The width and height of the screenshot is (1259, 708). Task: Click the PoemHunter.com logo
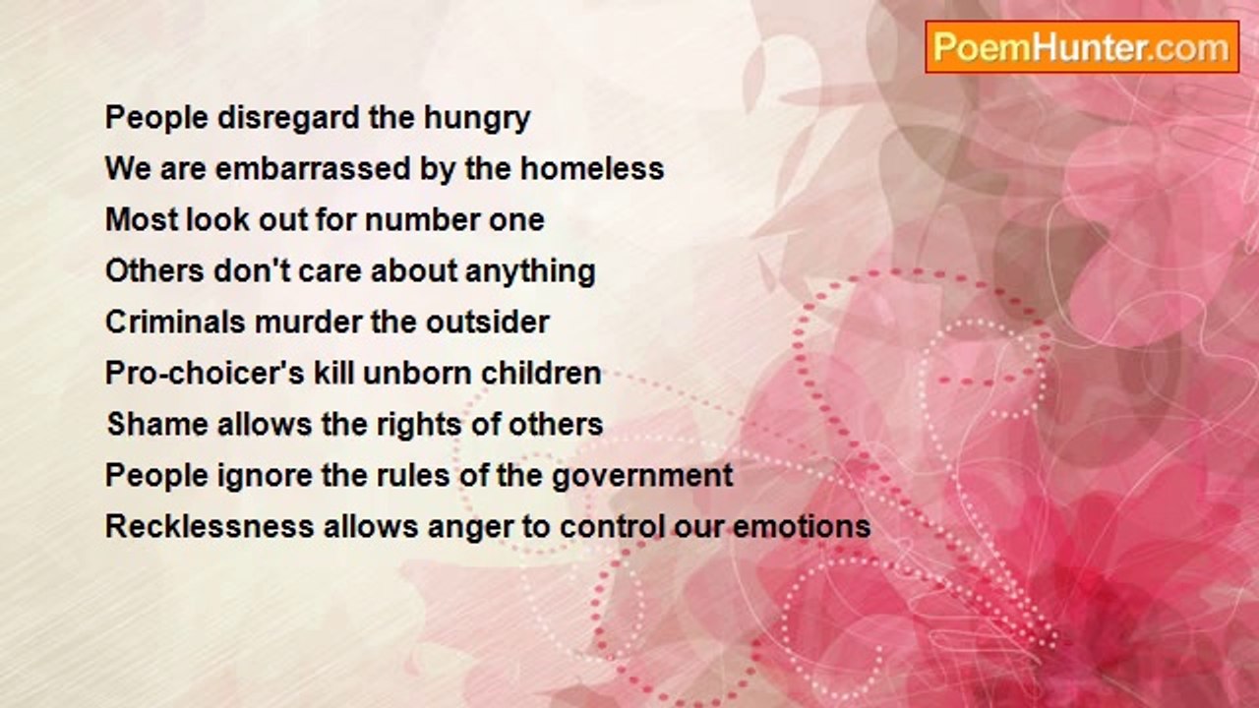[1082, 47]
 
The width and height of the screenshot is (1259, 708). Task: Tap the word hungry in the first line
[477, 120]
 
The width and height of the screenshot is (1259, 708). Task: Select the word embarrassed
[313, 168]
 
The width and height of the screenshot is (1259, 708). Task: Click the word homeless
[592, 168]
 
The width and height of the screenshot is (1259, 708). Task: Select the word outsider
[487, 322]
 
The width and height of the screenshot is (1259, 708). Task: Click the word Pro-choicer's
[205, 373]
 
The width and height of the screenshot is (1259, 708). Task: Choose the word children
[541, 373]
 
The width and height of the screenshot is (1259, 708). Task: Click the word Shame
[157, 424]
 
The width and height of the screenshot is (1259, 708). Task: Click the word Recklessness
[210, 526]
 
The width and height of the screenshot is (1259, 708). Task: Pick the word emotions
[802, 526]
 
